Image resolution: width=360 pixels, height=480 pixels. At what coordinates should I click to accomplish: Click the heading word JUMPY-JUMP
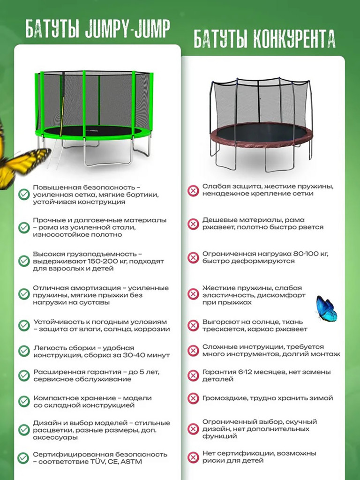coord(127,29)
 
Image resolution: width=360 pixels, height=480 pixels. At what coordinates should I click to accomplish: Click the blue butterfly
coord(326,308)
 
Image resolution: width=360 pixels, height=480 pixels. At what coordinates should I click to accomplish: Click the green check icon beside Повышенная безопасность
coord(24,195)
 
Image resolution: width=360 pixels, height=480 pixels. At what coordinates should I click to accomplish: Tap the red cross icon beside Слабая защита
coord(193,190)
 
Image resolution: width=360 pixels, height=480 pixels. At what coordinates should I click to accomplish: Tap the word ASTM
coord(131,462)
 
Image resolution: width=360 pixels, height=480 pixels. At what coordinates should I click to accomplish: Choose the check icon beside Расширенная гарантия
coord(24,375)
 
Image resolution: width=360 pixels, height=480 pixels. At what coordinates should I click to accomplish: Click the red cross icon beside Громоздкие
coord(193,398)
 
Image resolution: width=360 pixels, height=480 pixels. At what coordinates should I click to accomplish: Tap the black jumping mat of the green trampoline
coord(92,131)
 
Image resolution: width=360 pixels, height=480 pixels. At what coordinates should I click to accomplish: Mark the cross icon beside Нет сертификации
coord(193,457)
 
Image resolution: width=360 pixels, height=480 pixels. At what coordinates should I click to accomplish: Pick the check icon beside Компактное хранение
coord(24,402)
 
